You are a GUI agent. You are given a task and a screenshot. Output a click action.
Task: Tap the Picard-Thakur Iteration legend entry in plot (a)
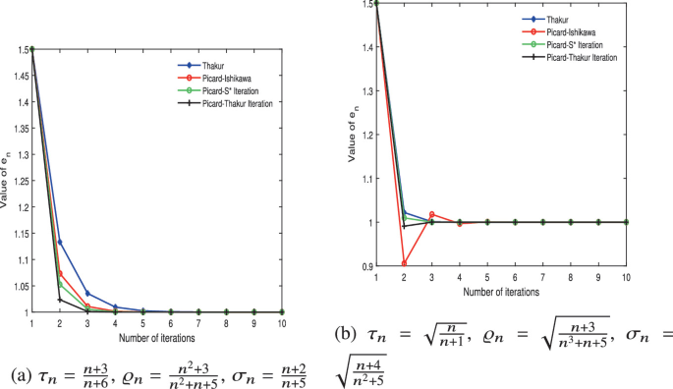pyautogui.click(x=227, y=102)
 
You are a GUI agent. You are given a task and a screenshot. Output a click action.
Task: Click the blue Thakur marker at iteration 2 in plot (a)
pyautogui.click(x=60, y=242)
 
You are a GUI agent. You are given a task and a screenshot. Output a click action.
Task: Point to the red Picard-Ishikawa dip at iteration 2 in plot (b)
pyautogui.click(x=404, y=263)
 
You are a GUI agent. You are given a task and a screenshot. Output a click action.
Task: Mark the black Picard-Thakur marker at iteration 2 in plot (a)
pyautogui.click(x=60, y=300)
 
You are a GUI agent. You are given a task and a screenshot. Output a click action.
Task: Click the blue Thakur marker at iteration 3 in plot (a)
pyautogui.click(x=87, y=294)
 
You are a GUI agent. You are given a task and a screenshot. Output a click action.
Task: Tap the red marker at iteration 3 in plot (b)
pyautogui.click(x=431, y=214)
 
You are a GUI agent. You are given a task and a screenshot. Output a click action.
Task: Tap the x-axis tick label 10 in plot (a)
pyautogui.click(x=282, y=322)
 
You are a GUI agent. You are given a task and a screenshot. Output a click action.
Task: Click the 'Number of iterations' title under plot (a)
pyautogui.click(x=157, y=337)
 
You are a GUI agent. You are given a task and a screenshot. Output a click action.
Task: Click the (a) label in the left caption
pyautogui.click(x=21, y=375)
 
